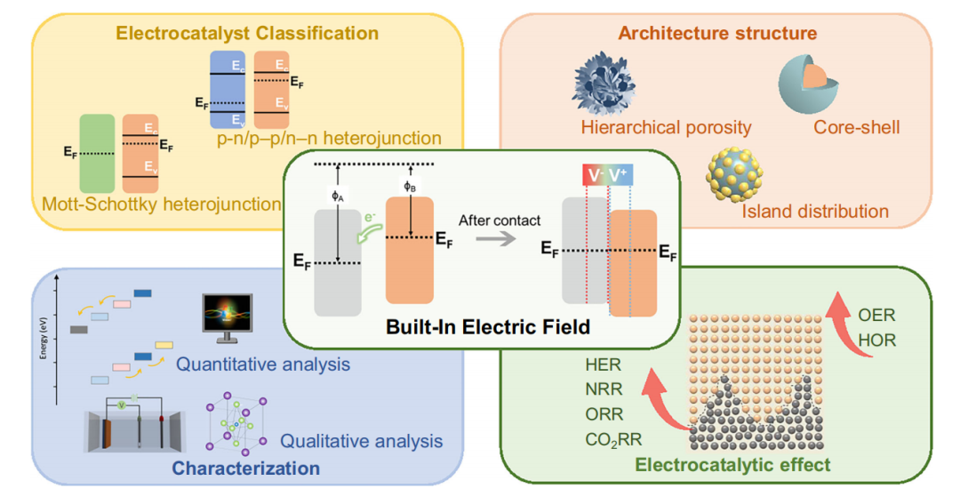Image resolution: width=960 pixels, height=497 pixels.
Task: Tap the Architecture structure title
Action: [717, 34]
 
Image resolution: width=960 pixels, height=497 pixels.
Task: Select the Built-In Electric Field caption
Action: [488, 326]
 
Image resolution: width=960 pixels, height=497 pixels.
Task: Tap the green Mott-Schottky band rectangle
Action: [96, 152]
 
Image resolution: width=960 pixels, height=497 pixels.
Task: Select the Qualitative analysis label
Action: [361, 440]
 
